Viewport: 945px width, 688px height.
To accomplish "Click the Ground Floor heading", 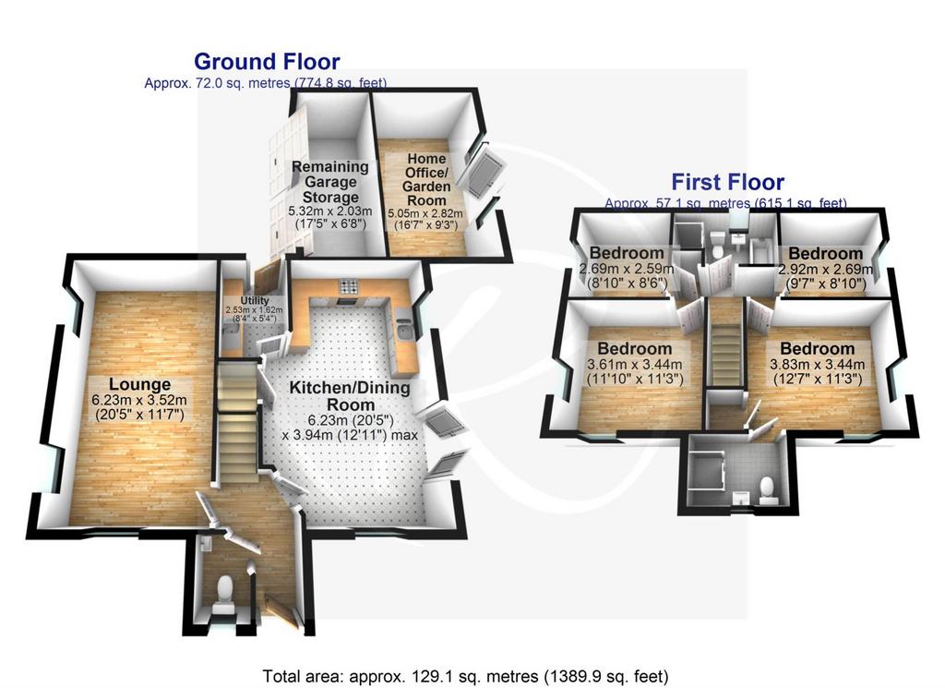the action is [267, 62].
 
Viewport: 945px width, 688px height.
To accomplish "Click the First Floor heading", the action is [727, 182].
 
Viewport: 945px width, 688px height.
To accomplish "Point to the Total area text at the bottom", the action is [465, 676].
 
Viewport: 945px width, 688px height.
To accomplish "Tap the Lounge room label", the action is [139, 384].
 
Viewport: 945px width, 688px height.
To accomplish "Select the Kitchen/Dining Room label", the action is [350, 395].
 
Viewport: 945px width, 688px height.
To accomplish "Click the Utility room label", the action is [255, 300].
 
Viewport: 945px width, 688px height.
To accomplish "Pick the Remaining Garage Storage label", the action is [330, 182].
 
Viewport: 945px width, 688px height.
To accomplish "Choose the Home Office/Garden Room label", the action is [426, 179].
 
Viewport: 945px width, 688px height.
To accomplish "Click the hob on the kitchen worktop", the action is [348, 285].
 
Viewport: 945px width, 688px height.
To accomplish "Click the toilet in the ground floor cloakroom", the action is [224, 588].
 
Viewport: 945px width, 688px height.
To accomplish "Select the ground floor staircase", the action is [237, 421].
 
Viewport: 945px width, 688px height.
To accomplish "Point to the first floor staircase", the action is [725, 344].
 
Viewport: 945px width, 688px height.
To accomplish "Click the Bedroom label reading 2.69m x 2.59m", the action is [627, 253].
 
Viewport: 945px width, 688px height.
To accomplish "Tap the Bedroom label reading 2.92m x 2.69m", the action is [825, 253].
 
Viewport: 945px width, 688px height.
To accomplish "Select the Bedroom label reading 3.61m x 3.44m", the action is [635, 348].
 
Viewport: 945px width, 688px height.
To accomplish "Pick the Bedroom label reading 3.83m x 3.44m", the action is [818, 348].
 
